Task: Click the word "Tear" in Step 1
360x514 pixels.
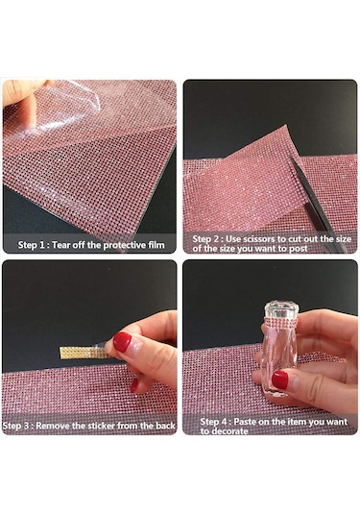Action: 61,245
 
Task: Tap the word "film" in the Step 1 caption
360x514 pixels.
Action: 156,245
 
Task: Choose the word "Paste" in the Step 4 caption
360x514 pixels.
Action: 245,421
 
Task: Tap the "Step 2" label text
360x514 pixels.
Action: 206,238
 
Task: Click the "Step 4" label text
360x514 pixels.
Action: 215,421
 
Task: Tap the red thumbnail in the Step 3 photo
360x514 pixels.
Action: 122,342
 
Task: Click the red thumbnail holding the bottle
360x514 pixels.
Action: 280,380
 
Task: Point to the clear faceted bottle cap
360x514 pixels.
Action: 281,308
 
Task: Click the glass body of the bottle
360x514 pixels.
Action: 279,359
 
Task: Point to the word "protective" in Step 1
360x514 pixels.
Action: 125,245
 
